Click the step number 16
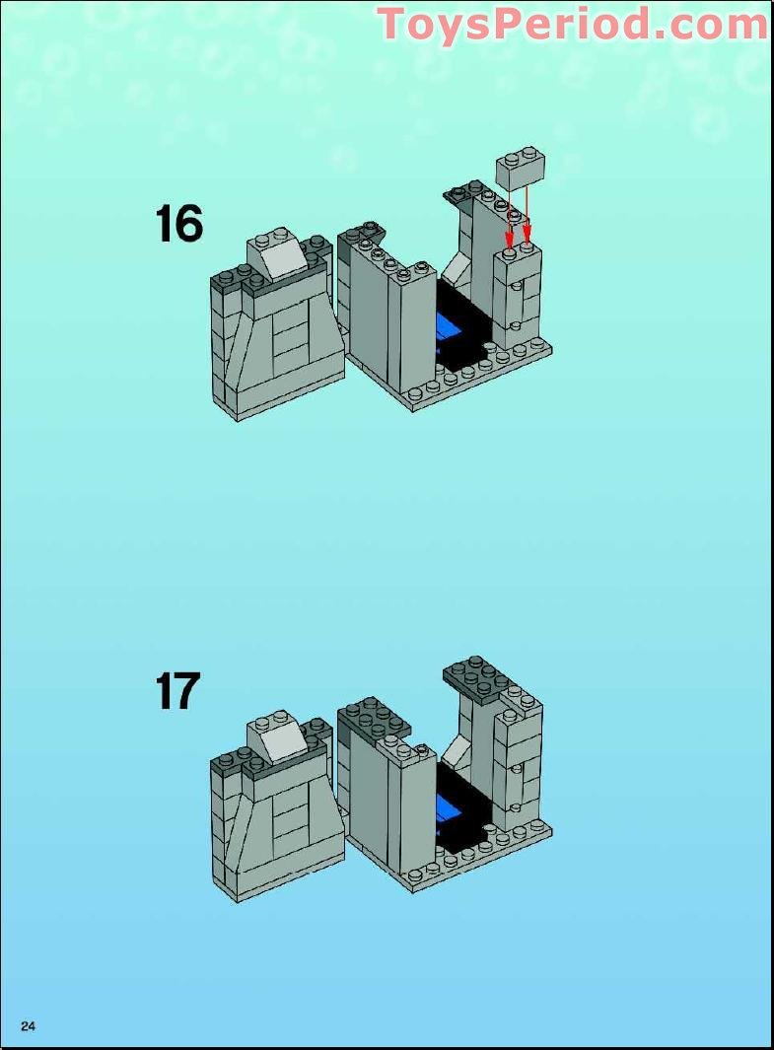178,225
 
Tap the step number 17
177,691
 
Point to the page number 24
28,1026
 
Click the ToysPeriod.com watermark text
572,24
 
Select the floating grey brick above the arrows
522,169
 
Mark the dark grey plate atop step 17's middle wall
375,718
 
